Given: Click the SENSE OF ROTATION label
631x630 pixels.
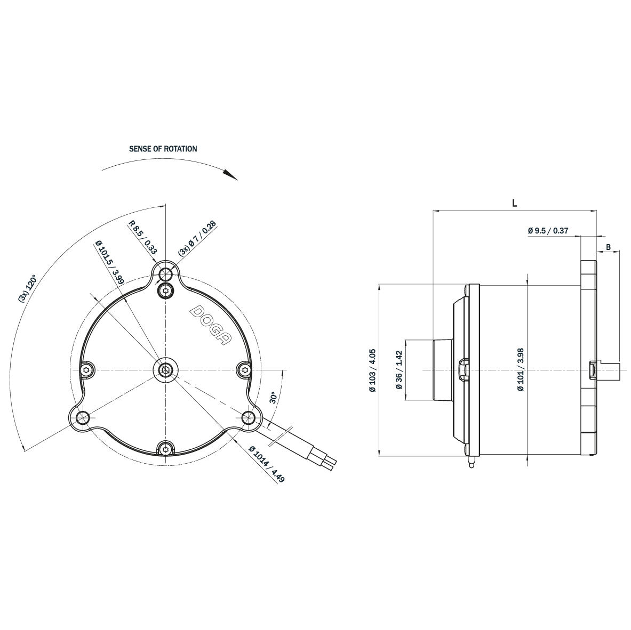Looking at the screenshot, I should click(x=163, y=149).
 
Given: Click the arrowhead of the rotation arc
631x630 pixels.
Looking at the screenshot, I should click(x=231, y=175).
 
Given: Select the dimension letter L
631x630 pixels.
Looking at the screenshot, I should click(x=514, y=203).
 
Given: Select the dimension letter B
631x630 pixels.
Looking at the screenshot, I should click(x=608, y=247).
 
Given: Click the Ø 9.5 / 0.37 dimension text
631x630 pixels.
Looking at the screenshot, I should click(x=548, y=231).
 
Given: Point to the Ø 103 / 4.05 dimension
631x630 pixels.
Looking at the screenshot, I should click(x=372, y=370).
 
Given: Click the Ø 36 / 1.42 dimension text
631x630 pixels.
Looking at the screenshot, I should click(x=399, y=370).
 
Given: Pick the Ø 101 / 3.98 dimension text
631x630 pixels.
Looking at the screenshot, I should click(x=520, y=370).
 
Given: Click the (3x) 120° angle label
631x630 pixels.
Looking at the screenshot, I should click(x=27, y=289).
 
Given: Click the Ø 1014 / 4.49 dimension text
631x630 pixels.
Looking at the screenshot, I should click(x=267, y=464).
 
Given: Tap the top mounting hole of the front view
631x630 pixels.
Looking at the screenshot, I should click(x=166, y=274).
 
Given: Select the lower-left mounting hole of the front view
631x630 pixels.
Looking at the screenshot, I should click(x=82, y=417).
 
